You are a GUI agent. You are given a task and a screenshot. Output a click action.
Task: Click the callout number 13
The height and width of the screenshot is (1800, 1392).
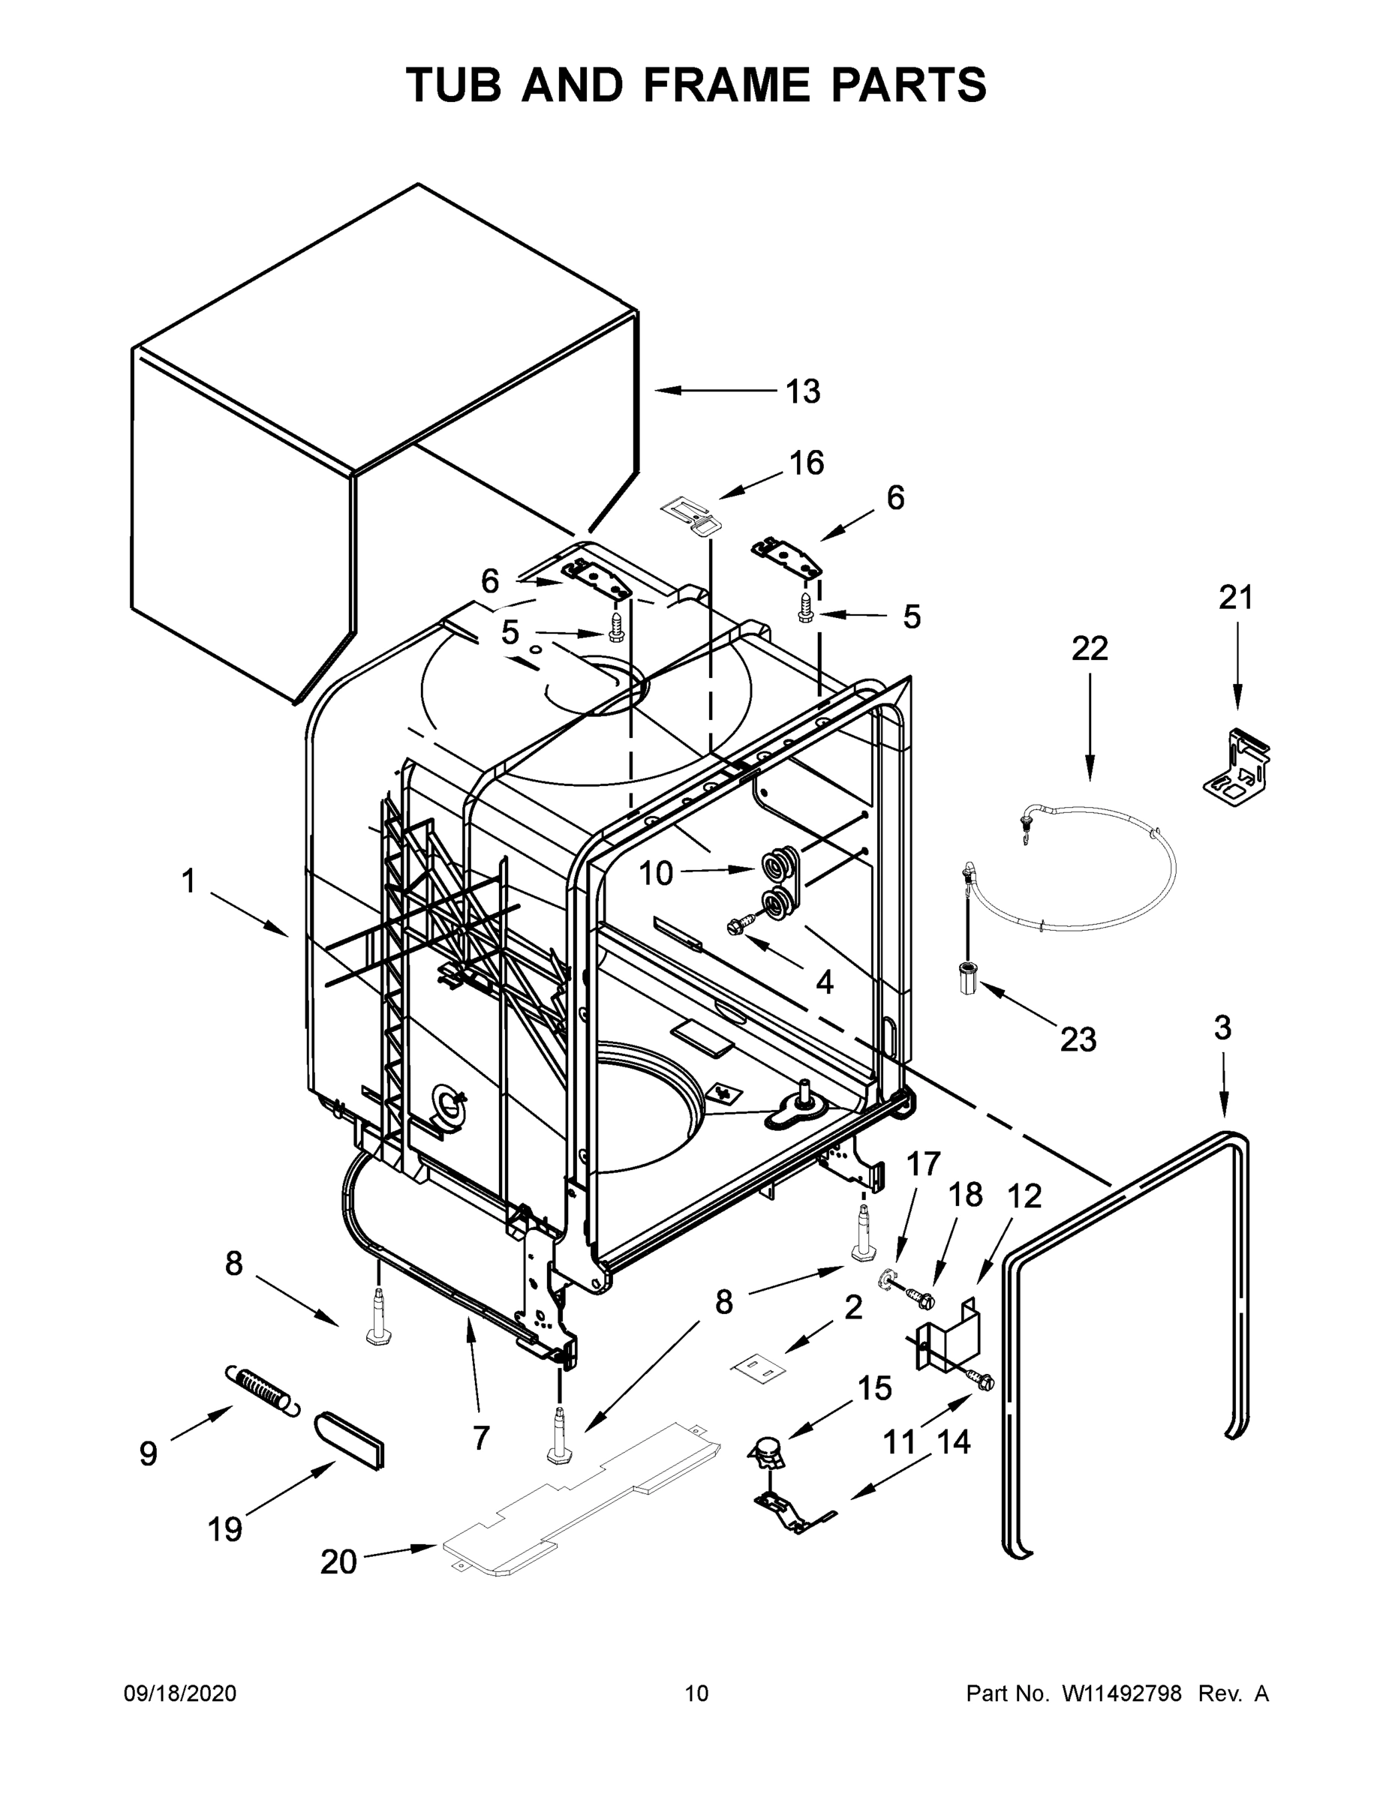pyautogui.click(x=802, y=391)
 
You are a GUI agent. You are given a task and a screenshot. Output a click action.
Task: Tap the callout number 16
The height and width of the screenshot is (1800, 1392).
pyautogui.click(x=807, y=463)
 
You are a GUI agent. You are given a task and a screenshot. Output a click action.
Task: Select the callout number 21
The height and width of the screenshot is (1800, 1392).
pyautogui.click(x=1236, y=598)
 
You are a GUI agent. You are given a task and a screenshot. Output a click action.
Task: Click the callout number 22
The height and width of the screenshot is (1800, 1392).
pyautogui.click(x=1090, y=649)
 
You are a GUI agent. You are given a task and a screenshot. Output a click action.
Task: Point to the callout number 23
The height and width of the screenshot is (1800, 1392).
pyautogui.click(x=1078, y=1040)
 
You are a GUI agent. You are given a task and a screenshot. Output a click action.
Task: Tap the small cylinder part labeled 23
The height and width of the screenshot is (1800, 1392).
pyautogui.click(x=967, y=978)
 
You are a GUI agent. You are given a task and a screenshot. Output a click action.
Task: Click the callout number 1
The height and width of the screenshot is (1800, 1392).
pyautogui.click(x=189, y=881)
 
